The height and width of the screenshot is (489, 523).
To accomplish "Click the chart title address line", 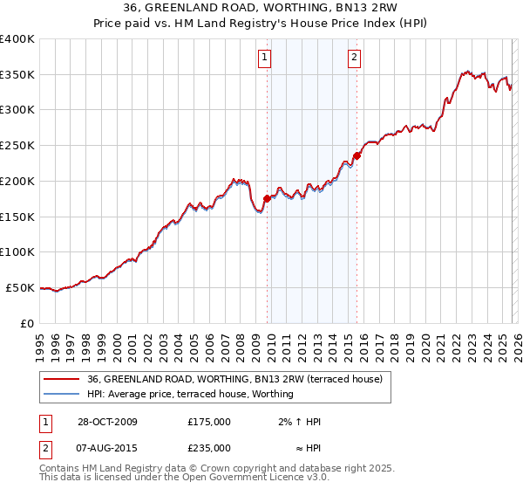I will coord(261,8).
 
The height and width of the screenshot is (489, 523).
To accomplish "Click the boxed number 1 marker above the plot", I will coord(264,59).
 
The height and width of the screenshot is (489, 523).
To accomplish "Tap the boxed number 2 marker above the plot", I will coord(355,59).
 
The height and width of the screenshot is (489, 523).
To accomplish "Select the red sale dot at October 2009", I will coord(267,198).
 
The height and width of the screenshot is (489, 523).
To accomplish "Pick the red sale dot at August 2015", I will coord(357,156).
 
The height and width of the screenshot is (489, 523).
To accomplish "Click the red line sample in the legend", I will coord(60,379).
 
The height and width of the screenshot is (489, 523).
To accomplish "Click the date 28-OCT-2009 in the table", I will coord(107,422).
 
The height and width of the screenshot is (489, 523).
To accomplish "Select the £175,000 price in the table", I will coord(209,422).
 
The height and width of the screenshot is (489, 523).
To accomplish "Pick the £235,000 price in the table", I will coord(209,448).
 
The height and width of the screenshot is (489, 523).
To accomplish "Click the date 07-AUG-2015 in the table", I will coord(107,448).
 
